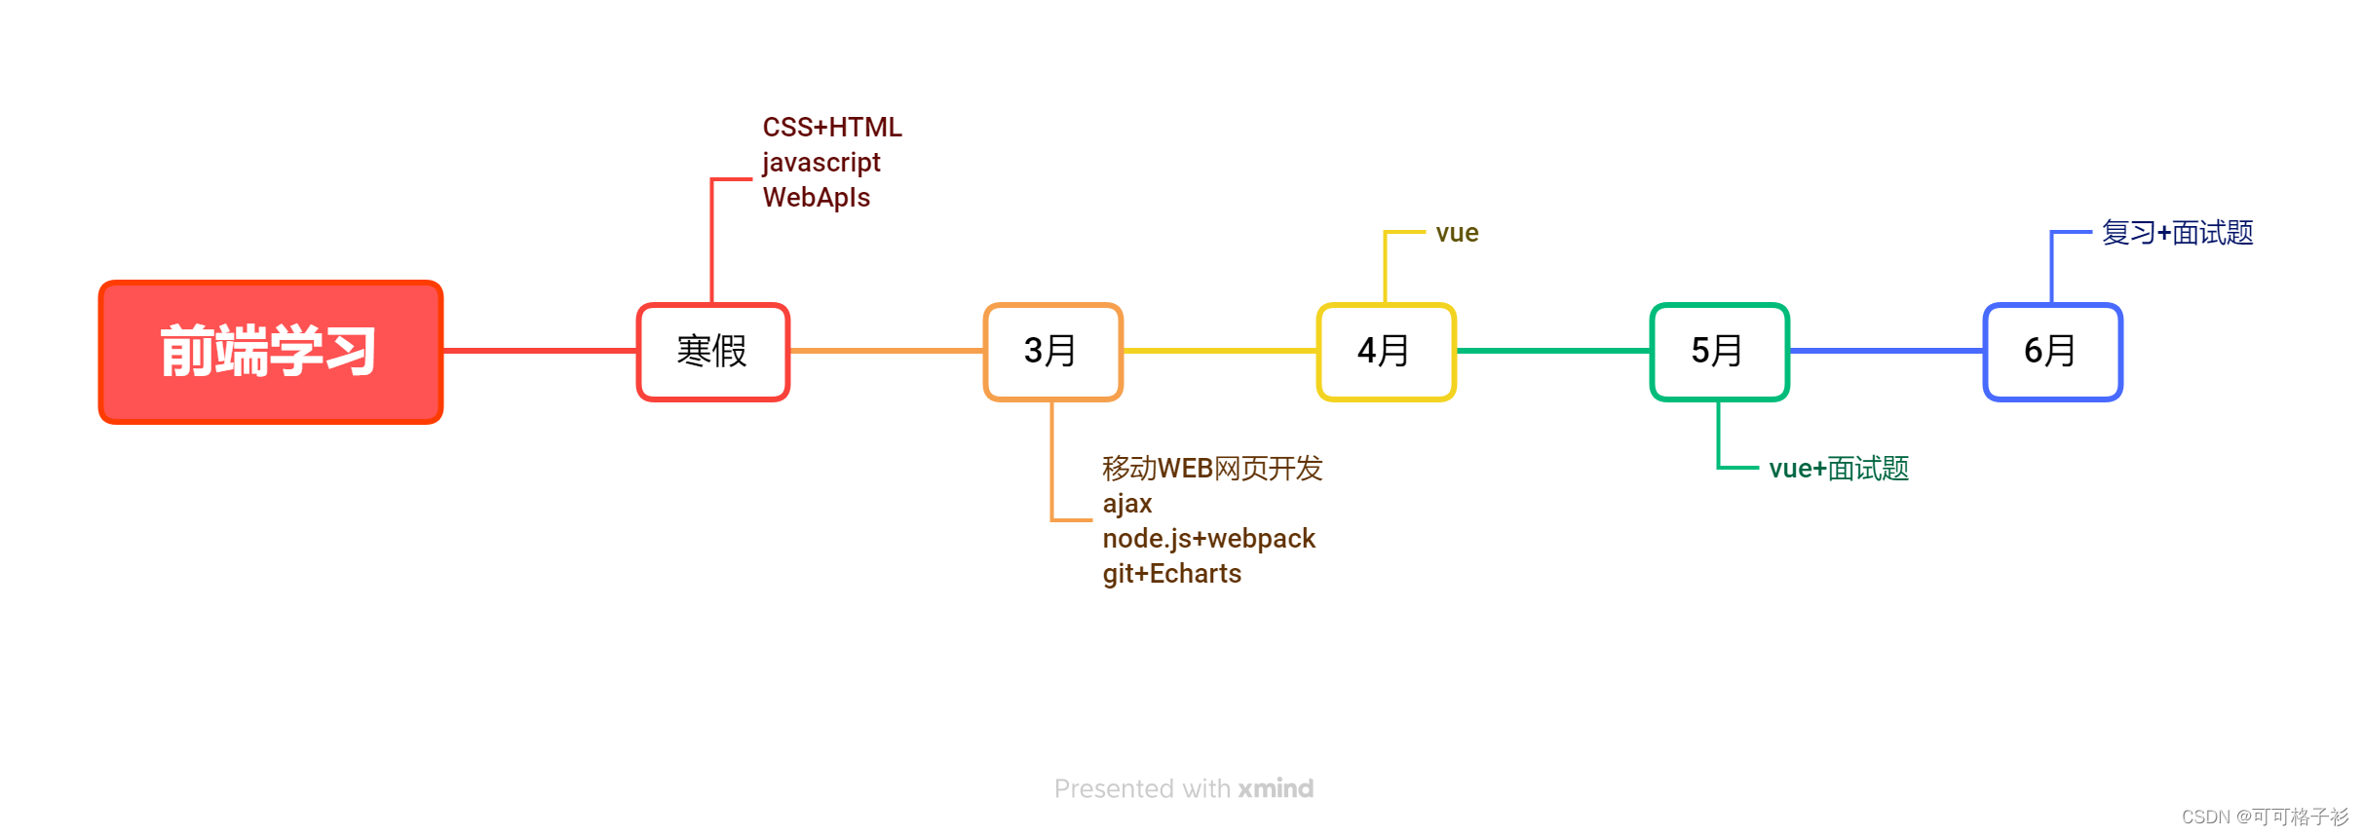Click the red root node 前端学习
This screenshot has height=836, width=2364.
pos(271,352)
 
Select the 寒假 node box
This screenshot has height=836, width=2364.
pos(712,352)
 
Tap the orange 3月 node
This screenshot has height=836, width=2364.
pos(1052,352)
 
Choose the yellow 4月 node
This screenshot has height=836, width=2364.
pos(1386,352)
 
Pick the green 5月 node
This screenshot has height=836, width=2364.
pos(1719,352)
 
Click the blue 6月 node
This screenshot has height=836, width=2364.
pos(2052,352)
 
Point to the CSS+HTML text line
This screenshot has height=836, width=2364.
pos(832,128)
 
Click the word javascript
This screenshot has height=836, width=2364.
pos(821,163)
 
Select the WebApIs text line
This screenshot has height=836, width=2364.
pos(817,198)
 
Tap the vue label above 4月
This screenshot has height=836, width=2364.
pos(1457,233)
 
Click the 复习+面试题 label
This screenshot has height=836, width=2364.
pos(2177,233)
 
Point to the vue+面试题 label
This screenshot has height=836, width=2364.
pos(1839,469)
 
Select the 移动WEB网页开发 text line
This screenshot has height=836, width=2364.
pos(1212,469)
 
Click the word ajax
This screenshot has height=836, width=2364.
pos(1127,504)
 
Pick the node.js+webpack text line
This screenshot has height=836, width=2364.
pos(1208,539)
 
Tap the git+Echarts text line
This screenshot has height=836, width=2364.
pos(1171,574)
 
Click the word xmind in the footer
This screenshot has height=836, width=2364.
pos(1276,788)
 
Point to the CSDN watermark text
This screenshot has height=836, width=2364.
pos(2265,817)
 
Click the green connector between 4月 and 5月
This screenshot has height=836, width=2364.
pos(1553,351)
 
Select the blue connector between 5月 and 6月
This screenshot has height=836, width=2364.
pos(1887,351)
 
